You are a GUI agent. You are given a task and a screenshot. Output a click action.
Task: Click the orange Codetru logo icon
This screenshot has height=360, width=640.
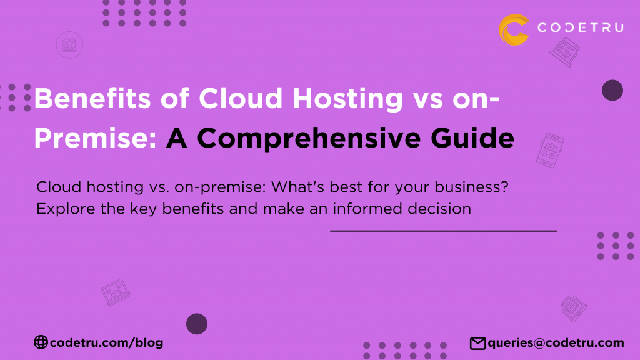pyautogui.click(x=514, y=29)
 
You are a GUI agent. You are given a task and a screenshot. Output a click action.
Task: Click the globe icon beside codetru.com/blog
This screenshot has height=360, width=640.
pyautogui.click(x=41, y=342)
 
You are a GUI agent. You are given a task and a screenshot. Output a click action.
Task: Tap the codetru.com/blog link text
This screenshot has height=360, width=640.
pyautogui.click(x=107, y=342)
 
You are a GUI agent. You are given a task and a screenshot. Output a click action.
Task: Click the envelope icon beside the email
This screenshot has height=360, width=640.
pyautogui.click(x=477, y=342)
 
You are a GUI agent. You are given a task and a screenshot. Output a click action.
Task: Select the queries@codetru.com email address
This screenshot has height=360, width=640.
pyautogui.click(x=556, y=342)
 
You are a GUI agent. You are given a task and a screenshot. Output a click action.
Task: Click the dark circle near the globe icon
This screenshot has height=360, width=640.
pyautogui.click(x=197, y=324)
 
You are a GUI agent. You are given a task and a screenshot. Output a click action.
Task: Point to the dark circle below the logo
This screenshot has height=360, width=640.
pyautogui.click(x=612, y=91)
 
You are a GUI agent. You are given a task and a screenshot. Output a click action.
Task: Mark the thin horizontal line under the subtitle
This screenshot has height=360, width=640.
pyautogui.click(x=443, y=231)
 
